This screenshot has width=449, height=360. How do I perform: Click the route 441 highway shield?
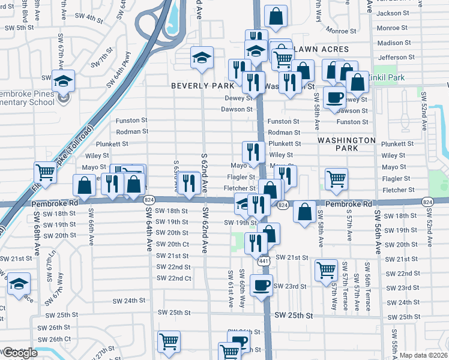coord(264,261)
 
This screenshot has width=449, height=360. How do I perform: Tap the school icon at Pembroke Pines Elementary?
coord(63,82)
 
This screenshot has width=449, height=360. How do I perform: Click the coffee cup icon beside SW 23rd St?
coord(261,285)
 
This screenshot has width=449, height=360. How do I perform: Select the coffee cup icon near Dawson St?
coord(334,97)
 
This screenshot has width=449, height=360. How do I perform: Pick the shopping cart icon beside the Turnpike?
coord(45,173)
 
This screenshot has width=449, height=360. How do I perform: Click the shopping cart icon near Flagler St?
coord(337,178)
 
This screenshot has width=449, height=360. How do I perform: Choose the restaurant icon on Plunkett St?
coord(253,152)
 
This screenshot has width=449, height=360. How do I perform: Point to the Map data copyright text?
coord(423,355)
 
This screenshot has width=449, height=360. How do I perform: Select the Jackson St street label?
coord(393,13)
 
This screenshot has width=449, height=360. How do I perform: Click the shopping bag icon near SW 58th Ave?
coord(306,212)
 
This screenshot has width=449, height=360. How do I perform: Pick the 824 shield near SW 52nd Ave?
coord(427,202)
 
